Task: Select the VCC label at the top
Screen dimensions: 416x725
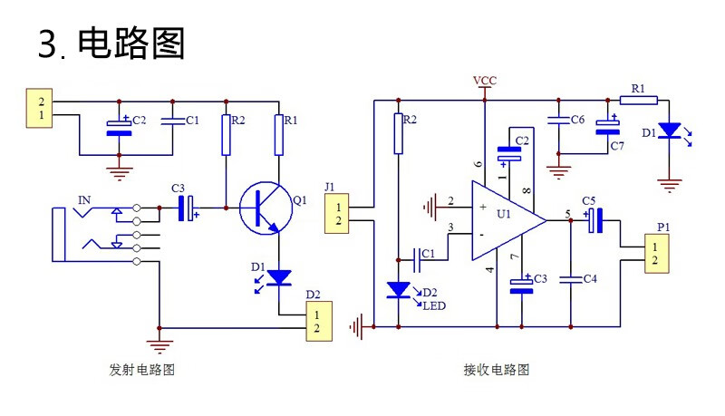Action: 485,82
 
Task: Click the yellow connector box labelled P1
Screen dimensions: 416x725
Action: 657,254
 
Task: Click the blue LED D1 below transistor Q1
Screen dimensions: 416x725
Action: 279,276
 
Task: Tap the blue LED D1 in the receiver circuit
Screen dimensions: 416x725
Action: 669,131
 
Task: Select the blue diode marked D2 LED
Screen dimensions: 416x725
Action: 398,291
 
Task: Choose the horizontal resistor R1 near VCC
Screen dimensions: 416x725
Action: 637,100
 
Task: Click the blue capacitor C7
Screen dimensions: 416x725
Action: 605,128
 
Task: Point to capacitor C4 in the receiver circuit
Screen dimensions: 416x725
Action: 571,280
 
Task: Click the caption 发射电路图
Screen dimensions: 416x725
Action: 141,370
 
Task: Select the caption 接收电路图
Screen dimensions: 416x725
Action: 496,370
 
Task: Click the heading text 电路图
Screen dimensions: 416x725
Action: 131,43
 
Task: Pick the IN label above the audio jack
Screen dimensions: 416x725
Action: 84,200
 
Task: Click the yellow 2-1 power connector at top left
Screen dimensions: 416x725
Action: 40,107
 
